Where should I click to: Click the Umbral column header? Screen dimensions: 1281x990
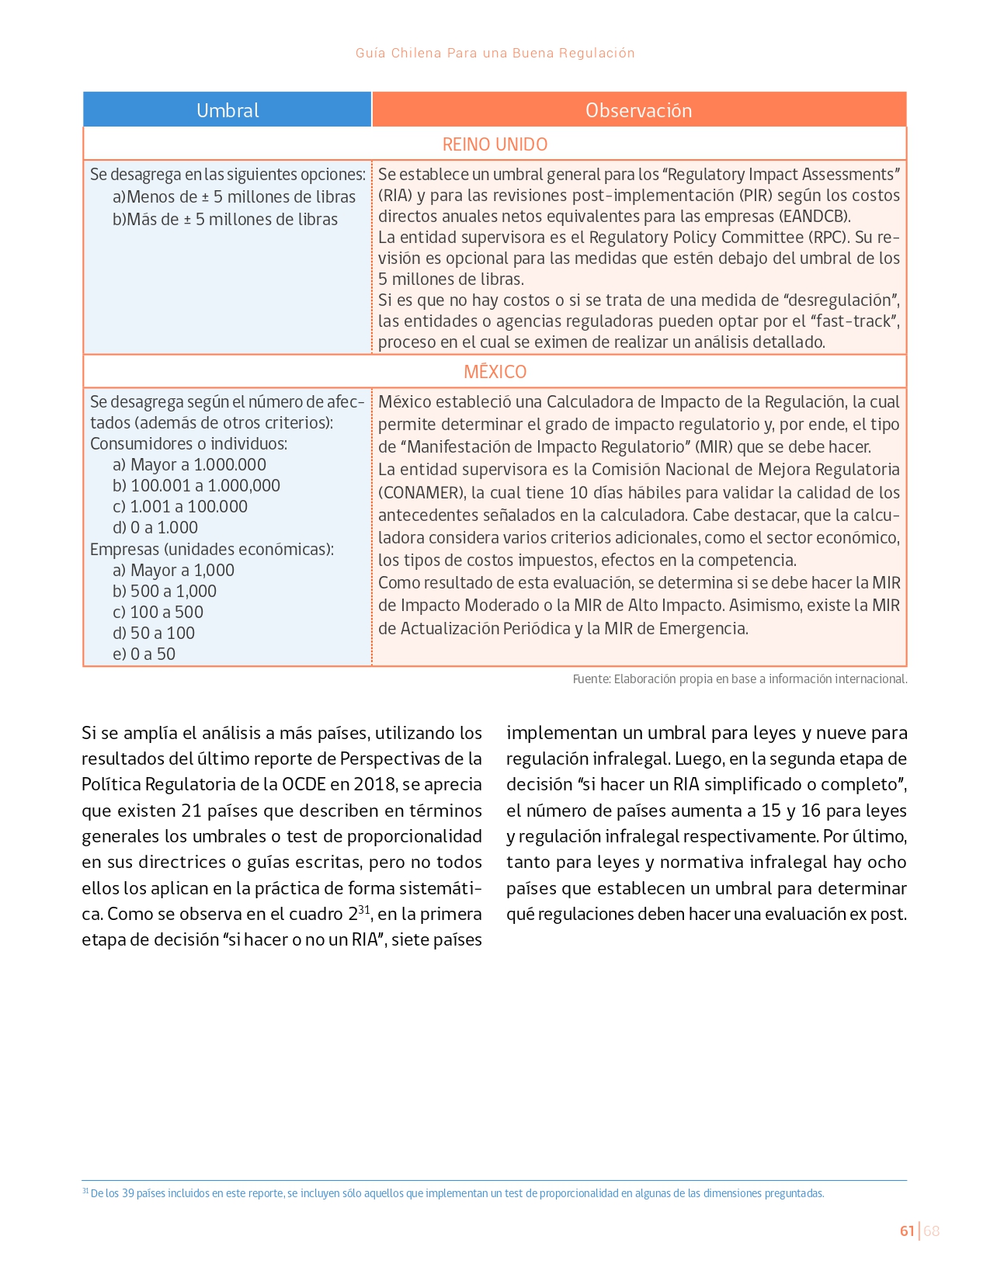coord(228,110)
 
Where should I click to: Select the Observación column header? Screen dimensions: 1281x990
coord(638,110)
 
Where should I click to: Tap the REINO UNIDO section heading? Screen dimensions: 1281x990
coord(495,144)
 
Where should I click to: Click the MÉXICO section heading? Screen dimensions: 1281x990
coord(495,372)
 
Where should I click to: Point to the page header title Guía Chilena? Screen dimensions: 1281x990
coord(495,53)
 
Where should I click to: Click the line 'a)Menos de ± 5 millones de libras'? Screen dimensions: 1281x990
coord(234,197)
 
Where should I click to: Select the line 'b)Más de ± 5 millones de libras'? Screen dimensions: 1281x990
coord(225,220)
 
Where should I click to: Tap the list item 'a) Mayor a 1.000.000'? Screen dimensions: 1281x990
coord(189,465)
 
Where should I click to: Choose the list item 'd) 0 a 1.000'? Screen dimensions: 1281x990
coord(155,528)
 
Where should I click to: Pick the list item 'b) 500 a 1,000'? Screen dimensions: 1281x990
coord(165,592)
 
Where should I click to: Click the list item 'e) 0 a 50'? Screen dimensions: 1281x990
coord(144,654)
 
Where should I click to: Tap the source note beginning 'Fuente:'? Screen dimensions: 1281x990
coord(739,679)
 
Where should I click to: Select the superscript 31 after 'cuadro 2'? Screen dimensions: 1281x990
coord(364,910)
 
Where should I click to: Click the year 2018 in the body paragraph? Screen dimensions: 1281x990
coord(374,785)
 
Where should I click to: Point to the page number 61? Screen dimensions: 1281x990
coord(907,1231)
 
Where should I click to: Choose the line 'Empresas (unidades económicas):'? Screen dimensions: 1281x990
coord(212,550)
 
